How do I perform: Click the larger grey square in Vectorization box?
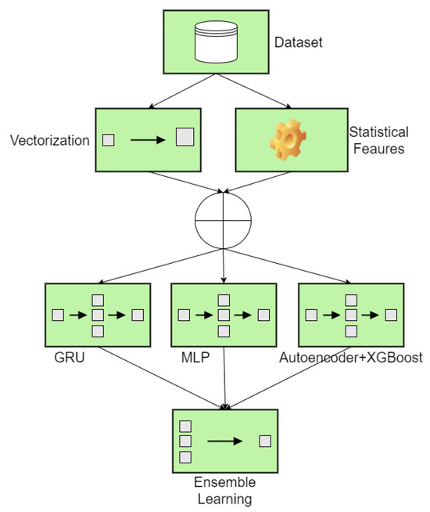click(x=184, y=140)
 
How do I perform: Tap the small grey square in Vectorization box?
click(x=109, y=140)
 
